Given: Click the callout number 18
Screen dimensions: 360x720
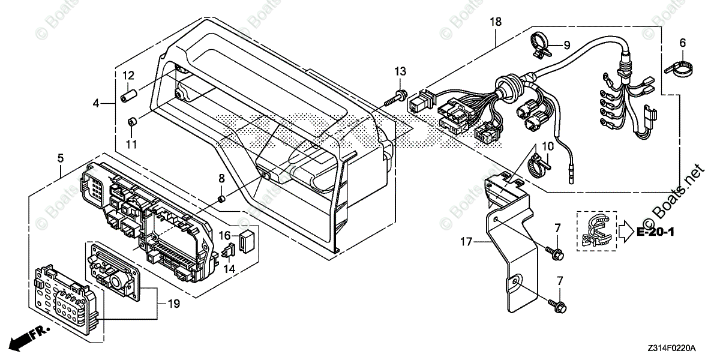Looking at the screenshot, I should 495,22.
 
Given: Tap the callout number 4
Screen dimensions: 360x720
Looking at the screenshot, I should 95,104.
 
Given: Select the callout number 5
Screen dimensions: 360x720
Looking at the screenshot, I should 61,158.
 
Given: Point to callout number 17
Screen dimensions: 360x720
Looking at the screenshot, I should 467,242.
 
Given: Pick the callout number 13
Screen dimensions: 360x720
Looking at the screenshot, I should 400,72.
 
